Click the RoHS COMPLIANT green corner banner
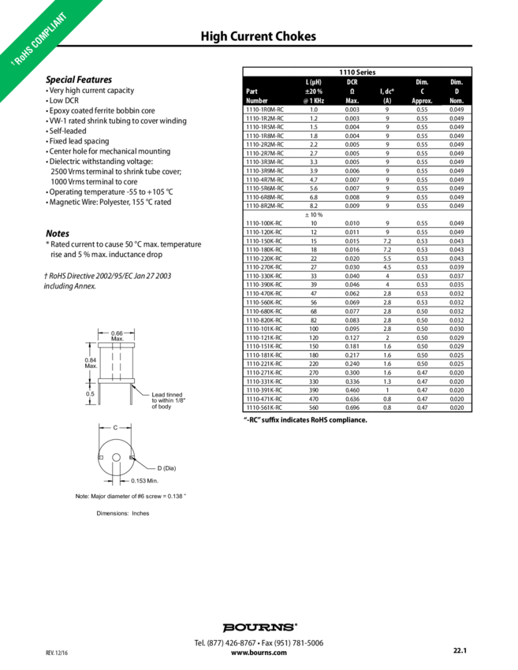click(43, 43)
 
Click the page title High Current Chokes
click(259, 37)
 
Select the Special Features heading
click(78, 80)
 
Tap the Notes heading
click(57, 234)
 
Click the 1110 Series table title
click(356, 72)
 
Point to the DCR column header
click(352, 82)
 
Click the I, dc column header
click(387, 91)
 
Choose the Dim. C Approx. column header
click(422, 91)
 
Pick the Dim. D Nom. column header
click(456, 91)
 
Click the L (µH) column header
click(313, 82)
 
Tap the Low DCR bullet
click(61, 101)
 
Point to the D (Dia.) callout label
click(168, 468)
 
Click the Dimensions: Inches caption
click(122, 512)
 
